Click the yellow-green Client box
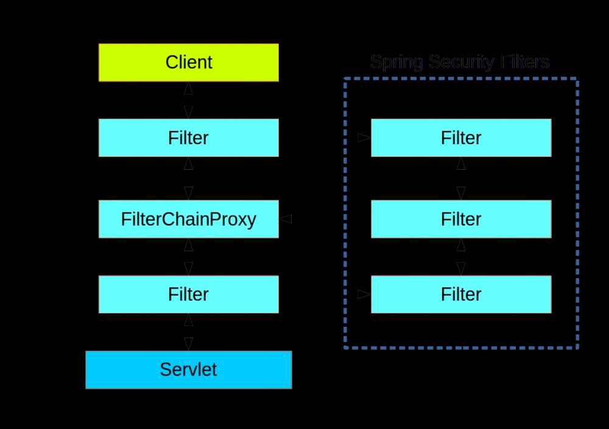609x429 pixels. (x=188, y=63)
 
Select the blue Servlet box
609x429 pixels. (x=188, y=369)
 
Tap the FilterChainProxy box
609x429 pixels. (x=188, y=219)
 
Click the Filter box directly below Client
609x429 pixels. (x=188, y=138)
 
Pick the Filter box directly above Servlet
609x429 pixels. (x=188, y=295)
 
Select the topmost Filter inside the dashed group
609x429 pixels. (x=461, y=138)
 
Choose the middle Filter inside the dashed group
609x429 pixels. (x=461, y=219)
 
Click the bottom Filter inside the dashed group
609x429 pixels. (x=461, y=295)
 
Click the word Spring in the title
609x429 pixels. (x=396, y=62)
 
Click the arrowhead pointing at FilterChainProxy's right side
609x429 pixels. (x=286, y=219)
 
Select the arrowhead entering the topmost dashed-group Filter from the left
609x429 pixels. (x=364, y=138)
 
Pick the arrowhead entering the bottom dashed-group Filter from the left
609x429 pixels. (x=364, y=295)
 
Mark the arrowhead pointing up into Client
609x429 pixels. (x=188, y=88)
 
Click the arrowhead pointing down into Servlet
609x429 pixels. (x=188, y=344)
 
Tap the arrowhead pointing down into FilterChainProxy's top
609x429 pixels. (x=188, y=193)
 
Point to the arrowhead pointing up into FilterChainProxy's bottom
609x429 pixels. (x=188, y=245)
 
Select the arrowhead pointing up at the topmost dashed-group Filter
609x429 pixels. (x=461, y=163)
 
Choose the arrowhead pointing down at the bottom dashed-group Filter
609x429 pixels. (x=461, y=268)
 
